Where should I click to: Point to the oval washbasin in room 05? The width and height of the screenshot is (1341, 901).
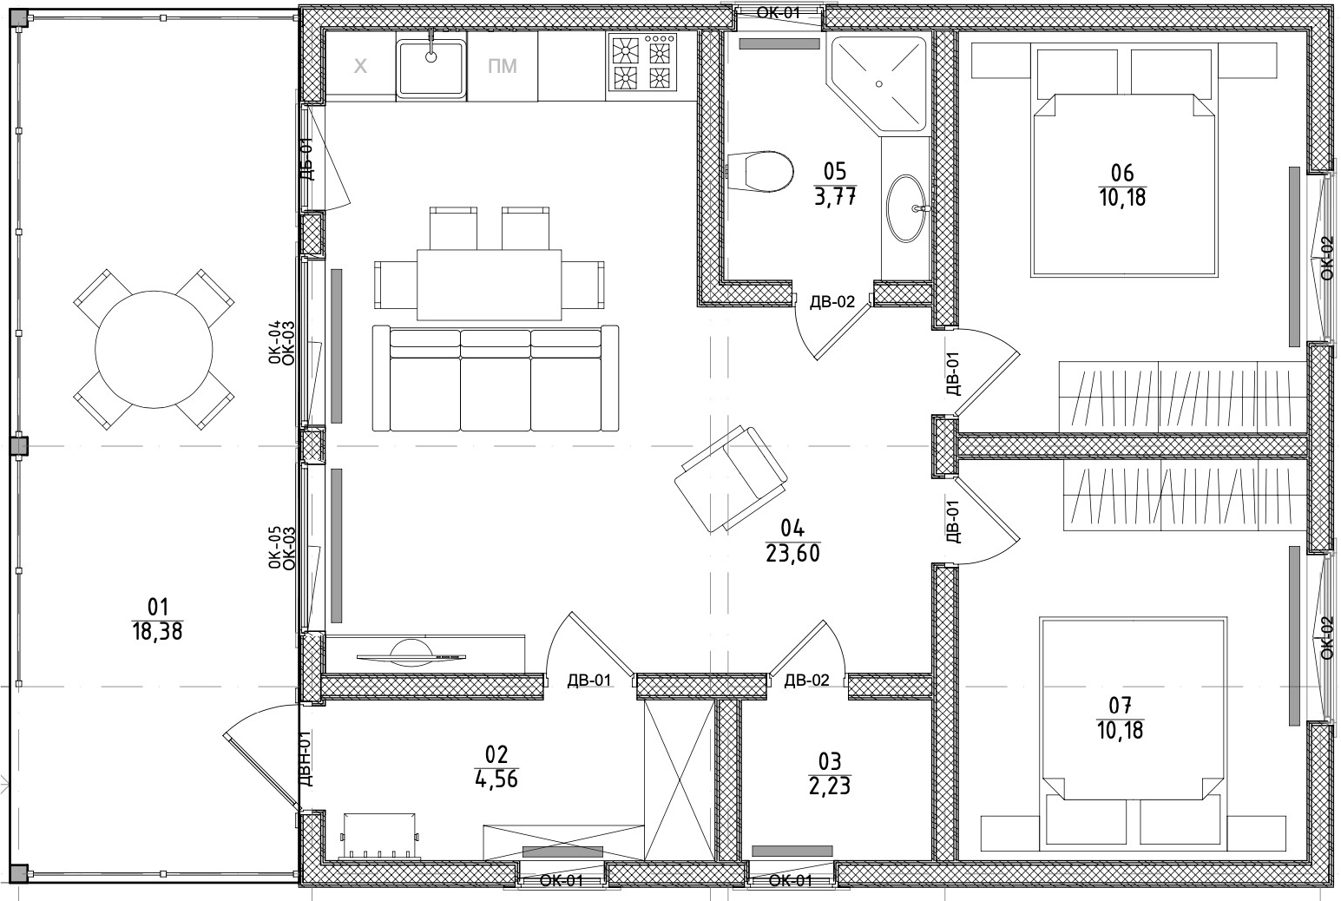click(x=908, y=208)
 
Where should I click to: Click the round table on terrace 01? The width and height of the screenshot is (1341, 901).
click(x=154, y=349)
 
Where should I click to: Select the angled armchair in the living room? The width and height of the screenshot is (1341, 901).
click(x=731, y=478)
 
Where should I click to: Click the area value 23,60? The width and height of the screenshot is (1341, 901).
click(x=792, y=553)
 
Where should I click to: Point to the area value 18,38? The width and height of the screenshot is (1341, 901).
click(x=158, y=631)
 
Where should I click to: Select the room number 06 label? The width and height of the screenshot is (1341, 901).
click(x=1122, y=174)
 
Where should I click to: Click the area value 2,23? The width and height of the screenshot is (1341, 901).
click(x=830, y=786)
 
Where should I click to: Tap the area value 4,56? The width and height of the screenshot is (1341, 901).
click(x=496, y=779)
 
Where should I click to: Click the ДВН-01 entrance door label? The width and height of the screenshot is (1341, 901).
click(x=305, y=758)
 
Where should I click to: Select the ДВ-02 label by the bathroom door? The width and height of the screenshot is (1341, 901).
click(x=832, y=302)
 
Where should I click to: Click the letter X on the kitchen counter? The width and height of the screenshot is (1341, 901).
click(x=361, y=66)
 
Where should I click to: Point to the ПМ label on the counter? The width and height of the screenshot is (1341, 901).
click(x=502, y=66)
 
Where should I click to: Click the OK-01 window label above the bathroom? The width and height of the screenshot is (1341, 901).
click(x=779, y=12)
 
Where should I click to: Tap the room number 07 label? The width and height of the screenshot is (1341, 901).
click(x=1119, y=705)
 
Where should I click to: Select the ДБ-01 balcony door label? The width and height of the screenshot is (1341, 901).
click(x=306, y=159)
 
